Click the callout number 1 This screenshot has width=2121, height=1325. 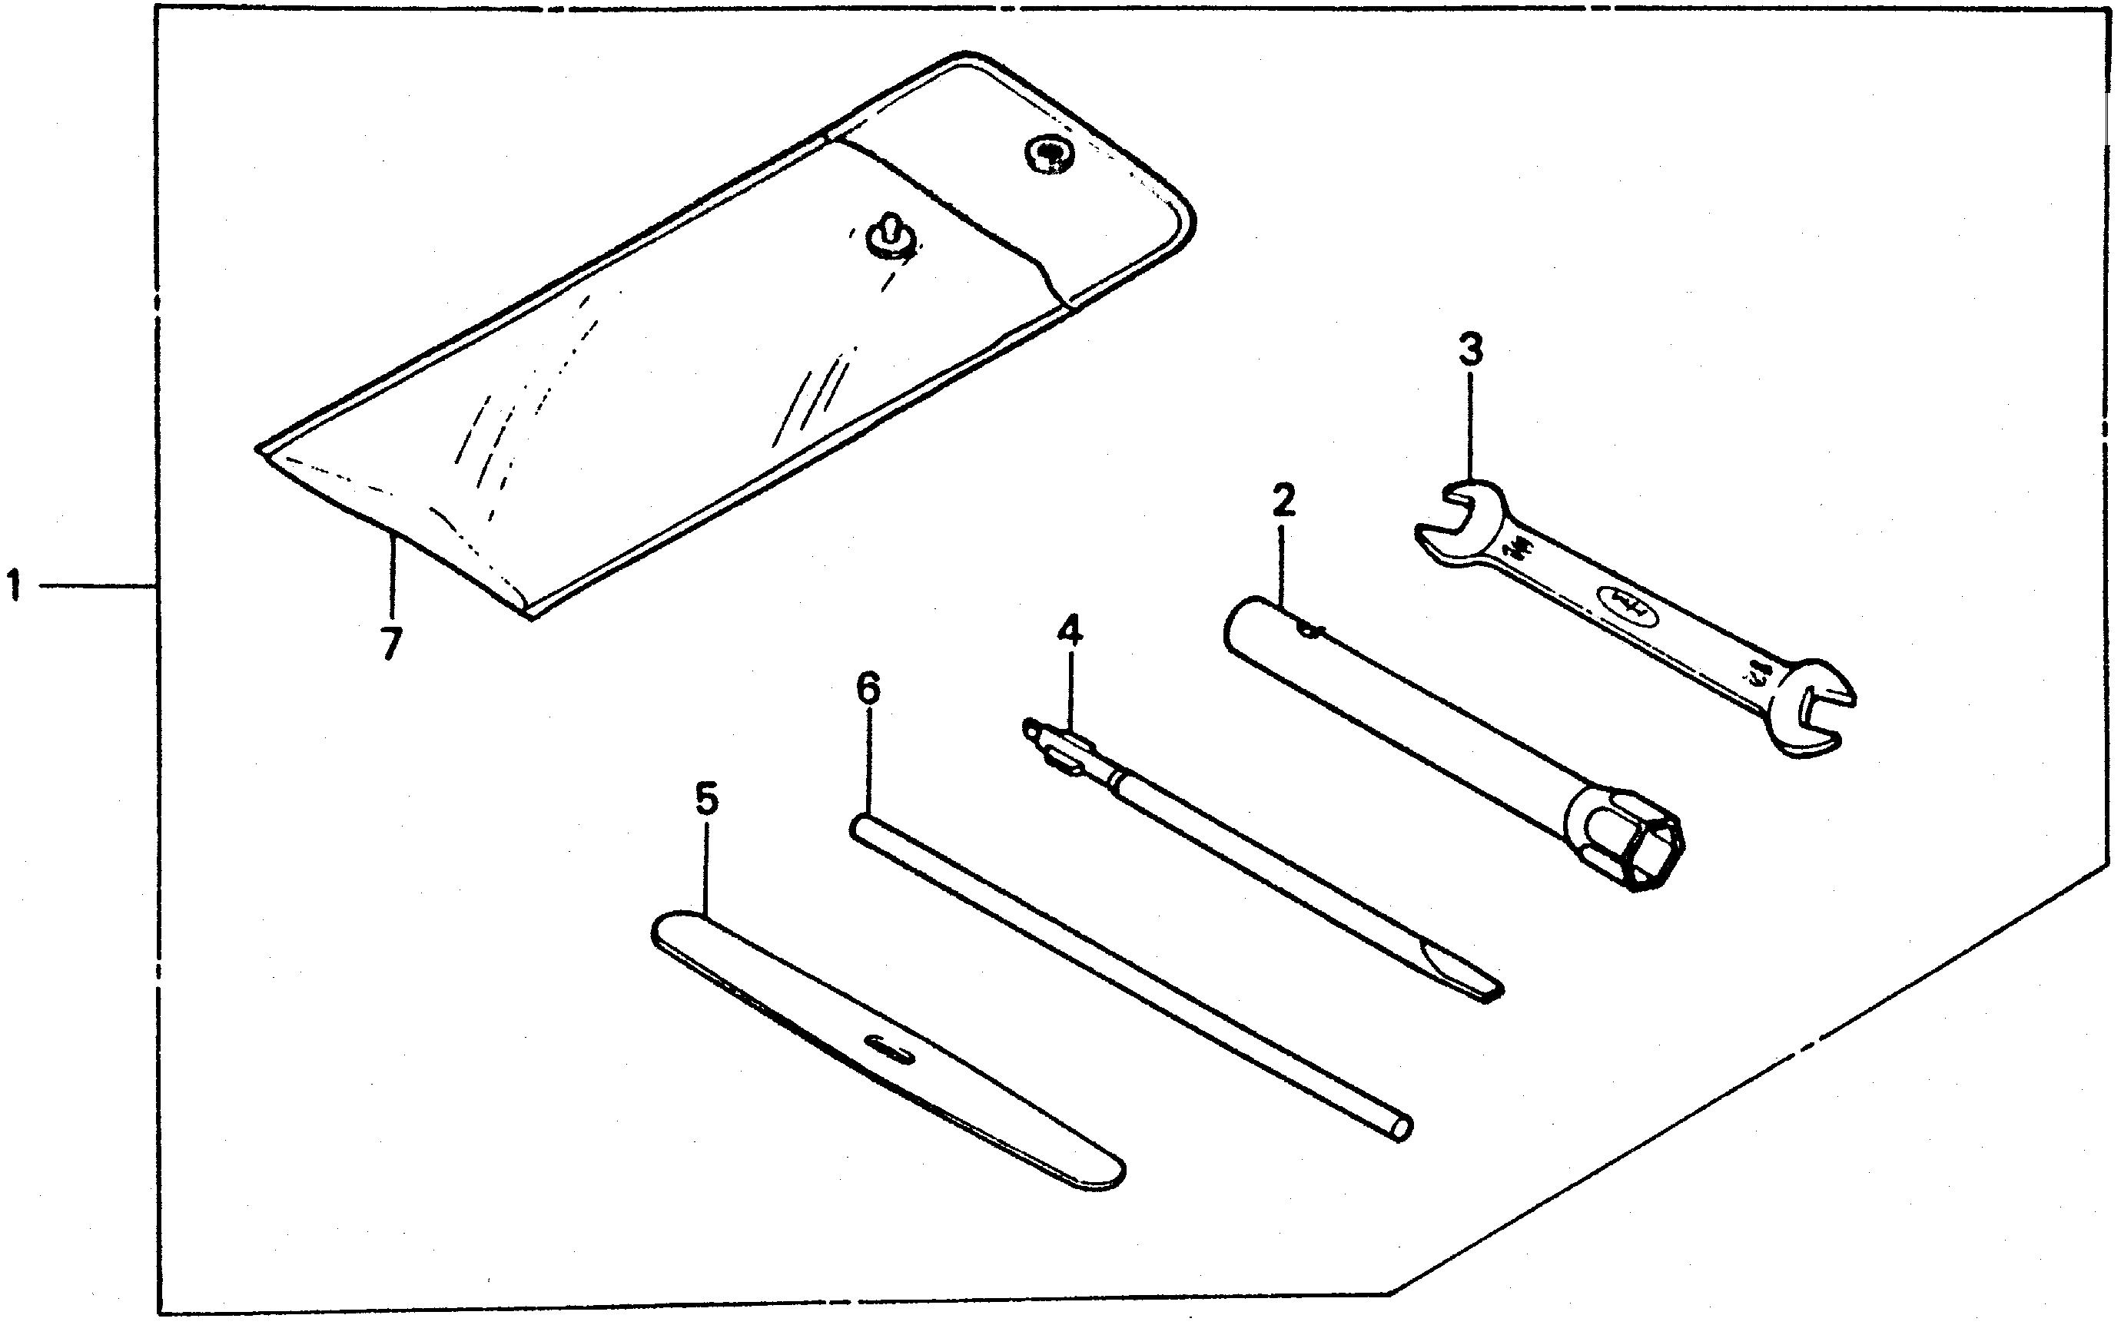pyautogui.click(x=15, y=585)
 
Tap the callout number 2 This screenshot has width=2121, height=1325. pyautogui.click(x=1283, y=502)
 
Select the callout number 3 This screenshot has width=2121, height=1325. pyautogui.click(x=1471, y=349)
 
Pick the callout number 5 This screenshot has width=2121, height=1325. pyautogui.click(x=706, y=798)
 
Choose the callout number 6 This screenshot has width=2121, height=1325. pyautogui.click(x=868, y=689)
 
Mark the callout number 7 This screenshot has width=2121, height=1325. pyautogui.click(x=390, y=644)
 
